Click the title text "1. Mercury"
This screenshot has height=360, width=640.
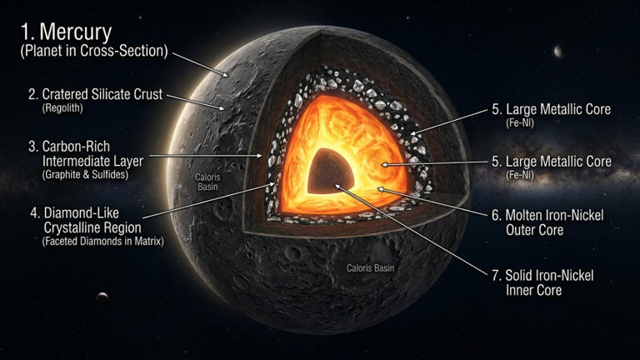click(x=67, y=32)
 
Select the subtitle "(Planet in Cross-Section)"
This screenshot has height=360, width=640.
click(x=94, y=51)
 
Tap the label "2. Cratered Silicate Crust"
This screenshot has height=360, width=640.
click(x=96, y=94)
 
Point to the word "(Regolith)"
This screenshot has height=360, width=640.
click(x=62, y=108)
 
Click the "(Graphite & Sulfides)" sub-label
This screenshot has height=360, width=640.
click(x=85, y=175)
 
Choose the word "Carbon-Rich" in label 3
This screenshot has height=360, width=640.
click(x=76, y=147)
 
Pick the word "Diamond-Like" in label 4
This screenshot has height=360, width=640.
click(x=81, y=213)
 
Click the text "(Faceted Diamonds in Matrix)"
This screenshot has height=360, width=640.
click(x=102, y=241)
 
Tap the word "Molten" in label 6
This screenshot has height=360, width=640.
click(x=527, y=215)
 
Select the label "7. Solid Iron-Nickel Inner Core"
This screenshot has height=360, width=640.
click(x=542, y=282)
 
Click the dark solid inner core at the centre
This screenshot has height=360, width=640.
click(x=329, y=172)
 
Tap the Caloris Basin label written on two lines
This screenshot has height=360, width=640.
click(x=207, y=182)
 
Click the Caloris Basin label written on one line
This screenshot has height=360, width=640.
click(x=370, y=268)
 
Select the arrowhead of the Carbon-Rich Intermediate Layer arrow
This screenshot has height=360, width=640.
click(x=259, y=156)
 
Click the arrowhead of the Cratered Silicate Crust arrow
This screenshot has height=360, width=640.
click(x=222, y=108)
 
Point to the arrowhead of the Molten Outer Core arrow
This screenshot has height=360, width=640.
click(x=380, y=189)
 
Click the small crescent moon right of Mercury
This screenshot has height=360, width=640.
click(x=557, y=52)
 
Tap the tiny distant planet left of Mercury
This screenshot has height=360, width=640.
click(x=102, y=296)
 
